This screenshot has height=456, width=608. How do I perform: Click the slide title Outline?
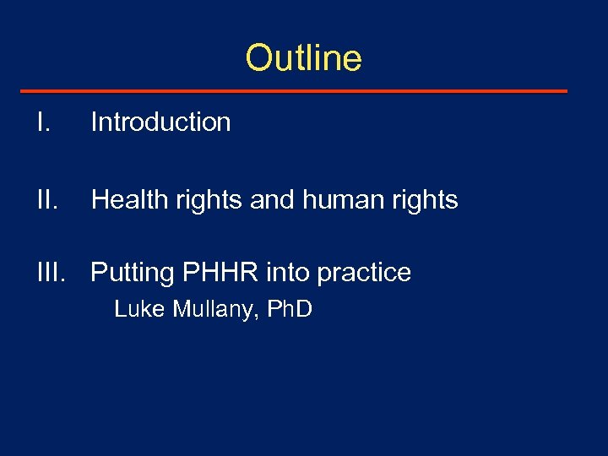coord(303,58)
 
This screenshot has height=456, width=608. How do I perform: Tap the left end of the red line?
coord(21,90)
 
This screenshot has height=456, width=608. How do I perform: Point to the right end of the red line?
coord(566,90)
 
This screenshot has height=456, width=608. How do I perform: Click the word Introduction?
coord(160,122)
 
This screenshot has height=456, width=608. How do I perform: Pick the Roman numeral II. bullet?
coord(46,200)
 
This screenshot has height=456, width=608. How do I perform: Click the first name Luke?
coord(139,310)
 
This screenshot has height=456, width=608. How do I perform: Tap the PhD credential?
coord(290,310)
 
